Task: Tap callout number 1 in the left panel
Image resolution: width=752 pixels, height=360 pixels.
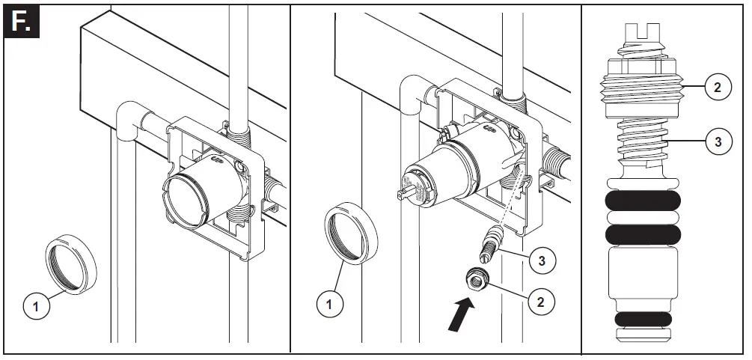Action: pos(34,305)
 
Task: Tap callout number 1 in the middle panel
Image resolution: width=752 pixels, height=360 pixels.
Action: pos(327,305)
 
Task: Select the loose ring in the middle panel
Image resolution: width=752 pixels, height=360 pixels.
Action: pos(351,234)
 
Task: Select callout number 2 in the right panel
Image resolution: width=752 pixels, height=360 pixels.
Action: pos(717,87)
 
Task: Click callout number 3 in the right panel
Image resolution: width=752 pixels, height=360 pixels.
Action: pos(717,141)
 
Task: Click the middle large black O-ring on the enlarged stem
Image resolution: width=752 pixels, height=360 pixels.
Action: pos(643,234)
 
